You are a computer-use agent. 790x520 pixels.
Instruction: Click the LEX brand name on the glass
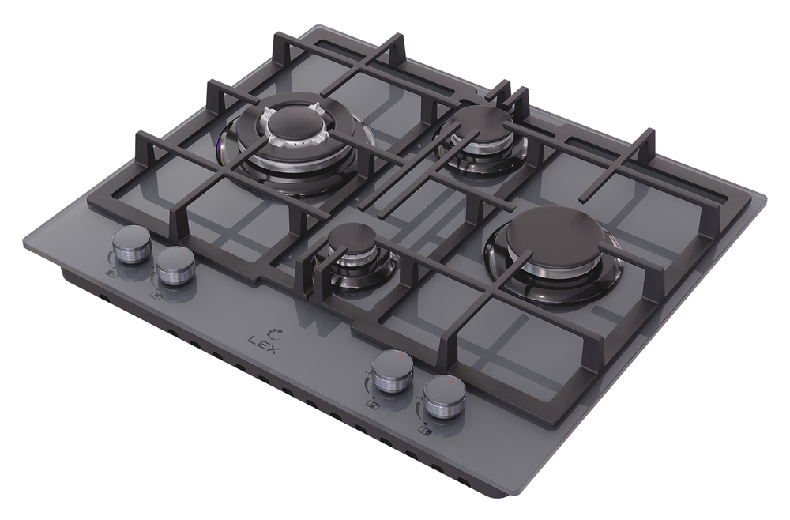(x=263, y=345)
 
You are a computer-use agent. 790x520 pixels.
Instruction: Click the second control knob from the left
(x=175, y=265)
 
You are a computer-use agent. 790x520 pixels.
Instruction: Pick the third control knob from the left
(x=393, y=372)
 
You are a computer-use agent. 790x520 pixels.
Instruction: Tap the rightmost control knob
(x=444, y=396)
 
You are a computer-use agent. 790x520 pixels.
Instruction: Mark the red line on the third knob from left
(x=400, y=356)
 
